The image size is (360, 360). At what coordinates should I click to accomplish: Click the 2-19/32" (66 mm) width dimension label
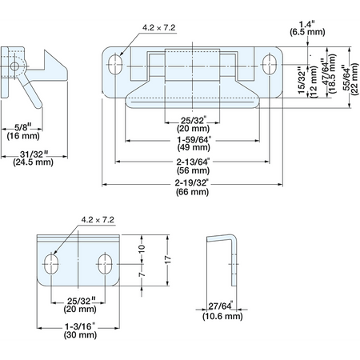tap(192, 187)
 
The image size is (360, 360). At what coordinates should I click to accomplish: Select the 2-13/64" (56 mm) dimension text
tap(193, 166)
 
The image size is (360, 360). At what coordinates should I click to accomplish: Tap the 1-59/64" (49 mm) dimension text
tap(194, 143)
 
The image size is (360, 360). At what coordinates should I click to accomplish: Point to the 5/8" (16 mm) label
tap(23, 131)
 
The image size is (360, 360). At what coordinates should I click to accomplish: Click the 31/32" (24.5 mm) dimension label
tap(33, 158)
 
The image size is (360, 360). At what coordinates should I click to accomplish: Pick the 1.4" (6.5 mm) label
tap(307, 28)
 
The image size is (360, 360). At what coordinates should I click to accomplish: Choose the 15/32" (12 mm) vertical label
tap(307, 82)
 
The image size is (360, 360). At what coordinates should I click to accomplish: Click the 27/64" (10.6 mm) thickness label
tap(222, 311)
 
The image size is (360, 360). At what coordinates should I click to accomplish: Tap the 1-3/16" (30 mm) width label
tap(80, 330)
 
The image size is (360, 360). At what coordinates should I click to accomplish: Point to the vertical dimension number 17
tap(167, 260)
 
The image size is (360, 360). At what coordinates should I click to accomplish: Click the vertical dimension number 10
tap(142, 249)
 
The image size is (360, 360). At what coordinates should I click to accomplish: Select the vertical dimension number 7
tap(142, 274)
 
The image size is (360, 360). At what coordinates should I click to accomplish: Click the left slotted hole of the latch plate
tap(115, 64)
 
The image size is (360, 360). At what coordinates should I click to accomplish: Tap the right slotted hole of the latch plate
tap(270, 64)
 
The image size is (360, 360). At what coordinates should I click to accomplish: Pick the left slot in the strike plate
tap(50, 264)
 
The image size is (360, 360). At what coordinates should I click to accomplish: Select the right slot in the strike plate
tap(105, 264)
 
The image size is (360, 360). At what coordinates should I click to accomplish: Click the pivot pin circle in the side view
tap(14, 66)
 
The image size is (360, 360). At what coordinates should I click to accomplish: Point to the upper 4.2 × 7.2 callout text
tap(159, 28)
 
